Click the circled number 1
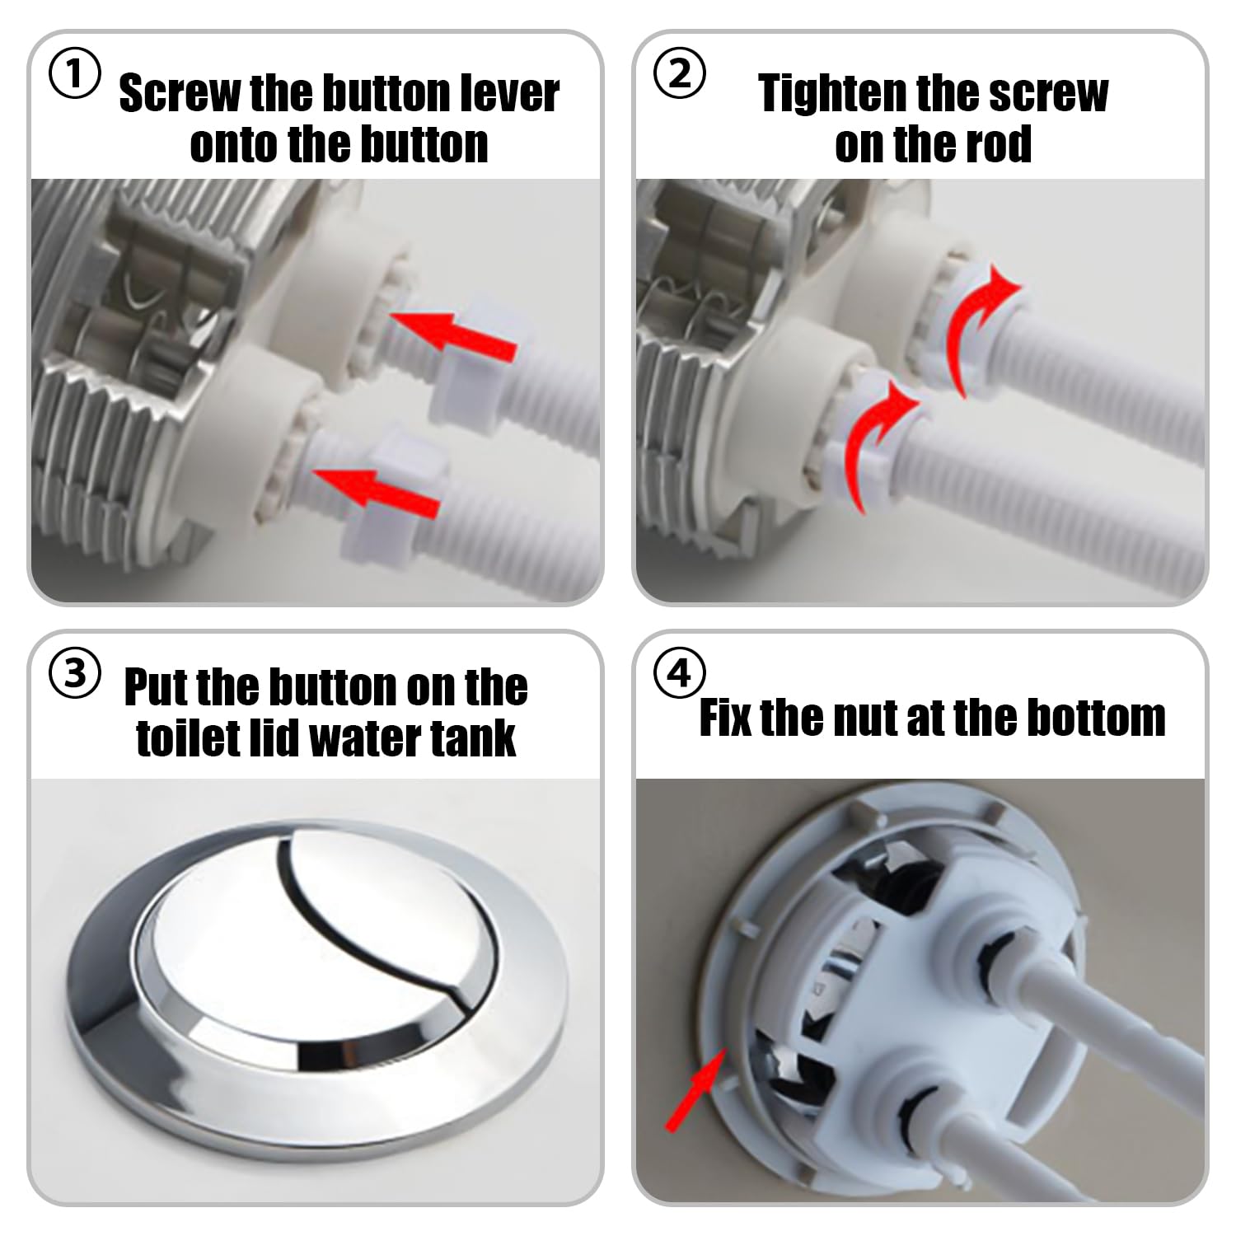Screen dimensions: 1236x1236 [75, 75]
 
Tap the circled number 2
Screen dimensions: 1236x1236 [679, 75]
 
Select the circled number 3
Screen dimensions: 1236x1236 [75, 674]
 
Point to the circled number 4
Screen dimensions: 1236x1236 [679, 674]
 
